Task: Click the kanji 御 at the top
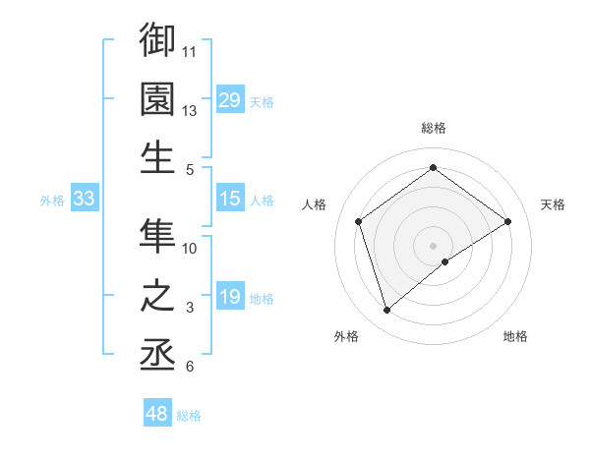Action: [x=158, y=40]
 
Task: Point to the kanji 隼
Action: [x=158, y=234]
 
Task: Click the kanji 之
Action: [x=158, y=294]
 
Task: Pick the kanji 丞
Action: [x=158, y=353]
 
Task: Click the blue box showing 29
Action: [x=230, y=99]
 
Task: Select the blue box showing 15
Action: [x=230, y=199]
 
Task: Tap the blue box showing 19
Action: [x=230, y=297]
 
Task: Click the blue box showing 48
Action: [x=157, y=414]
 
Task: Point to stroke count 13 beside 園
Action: [x=190, y=111]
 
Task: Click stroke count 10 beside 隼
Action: [x=190, y=249]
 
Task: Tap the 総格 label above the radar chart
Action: [x=434, y=128]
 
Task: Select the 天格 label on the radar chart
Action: [x=554, y=204]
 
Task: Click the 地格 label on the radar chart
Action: [x=515, y=336]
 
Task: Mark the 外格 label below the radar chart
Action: [x=346, y=336]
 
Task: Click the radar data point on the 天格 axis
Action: [x=507, y=221]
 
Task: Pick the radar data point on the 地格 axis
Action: [x=445, y=261]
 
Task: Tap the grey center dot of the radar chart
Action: [x=433, y=245]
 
